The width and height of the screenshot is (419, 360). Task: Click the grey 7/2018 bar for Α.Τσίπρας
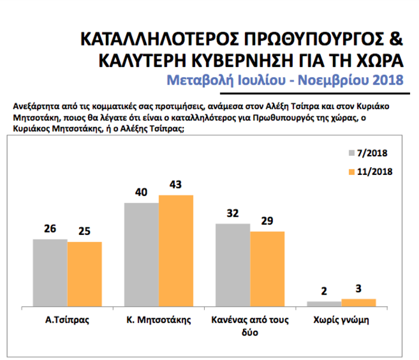[x=50, y=272]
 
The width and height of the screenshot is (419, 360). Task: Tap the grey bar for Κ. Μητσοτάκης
[x=142, y=254]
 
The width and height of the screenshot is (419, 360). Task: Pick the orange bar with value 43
[x=176, y=250]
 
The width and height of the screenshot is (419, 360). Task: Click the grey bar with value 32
[x=233, y=264]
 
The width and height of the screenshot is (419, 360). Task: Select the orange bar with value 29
[x=267, y=268]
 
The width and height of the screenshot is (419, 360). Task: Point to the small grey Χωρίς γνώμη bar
[x=324, y=303]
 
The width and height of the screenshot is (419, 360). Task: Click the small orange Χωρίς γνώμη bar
[x=359, y=302]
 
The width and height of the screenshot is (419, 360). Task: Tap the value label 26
[x=50, y=230]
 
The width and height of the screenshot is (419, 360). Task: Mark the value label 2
[x=324, y=292]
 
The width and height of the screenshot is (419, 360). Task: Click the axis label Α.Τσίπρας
[x=67, y=320]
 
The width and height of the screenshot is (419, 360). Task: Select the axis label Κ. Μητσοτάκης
[x=159, y=320]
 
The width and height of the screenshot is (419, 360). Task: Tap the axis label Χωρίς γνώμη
[x=341, y=320]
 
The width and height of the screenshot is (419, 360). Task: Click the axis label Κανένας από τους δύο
[x=250, y=326]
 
